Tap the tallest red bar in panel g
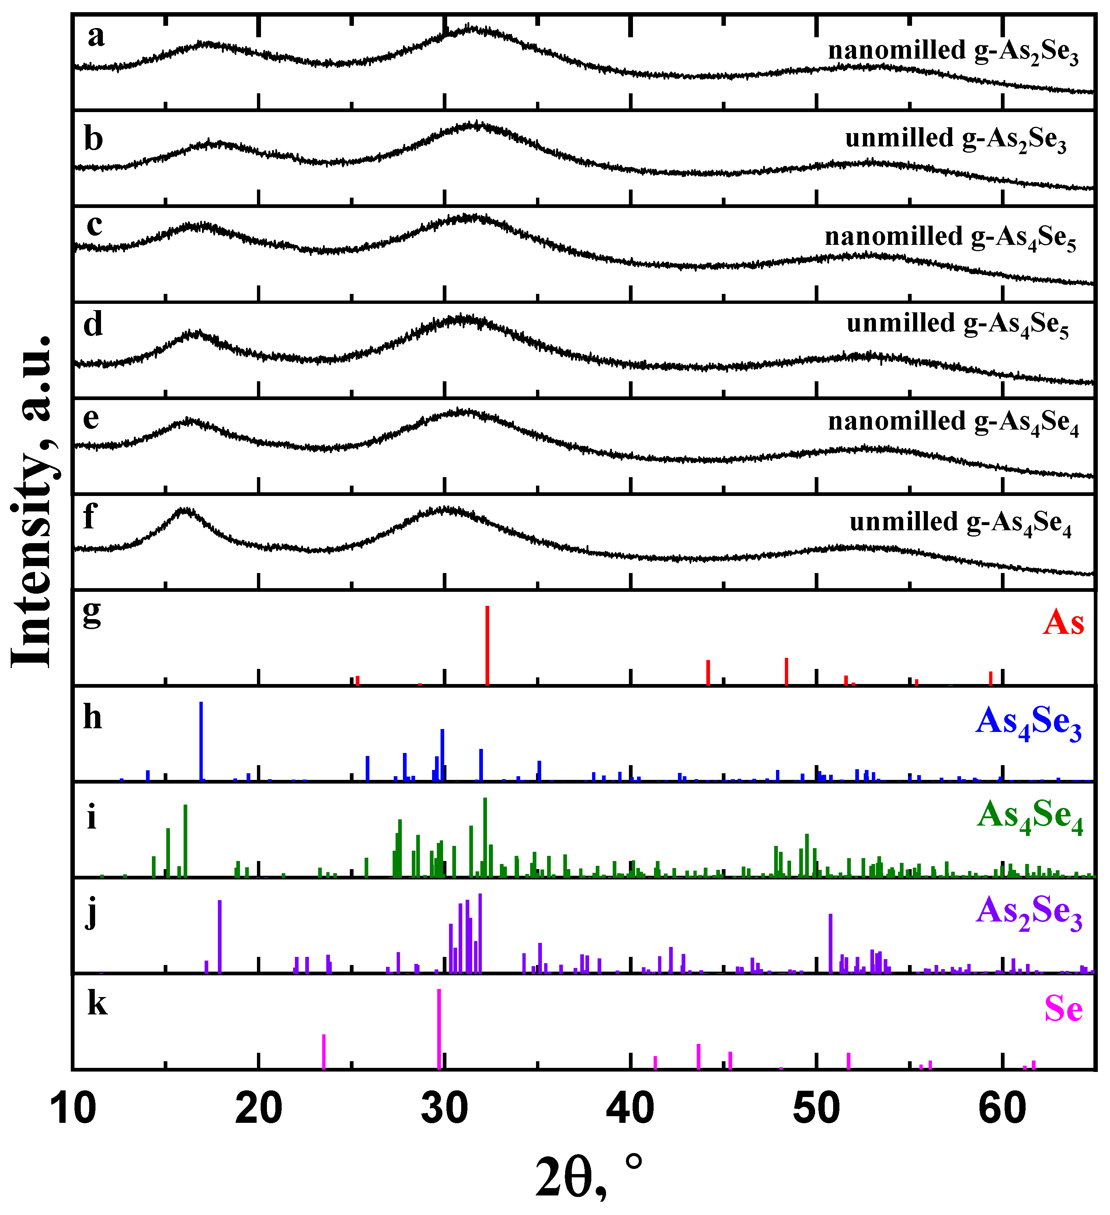click(487, 645)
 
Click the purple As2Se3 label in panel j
click(1029, 913)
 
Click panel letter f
click(89, 517)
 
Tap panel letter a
click(96, 36)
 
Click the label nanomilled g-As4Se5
click(950, 237)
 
